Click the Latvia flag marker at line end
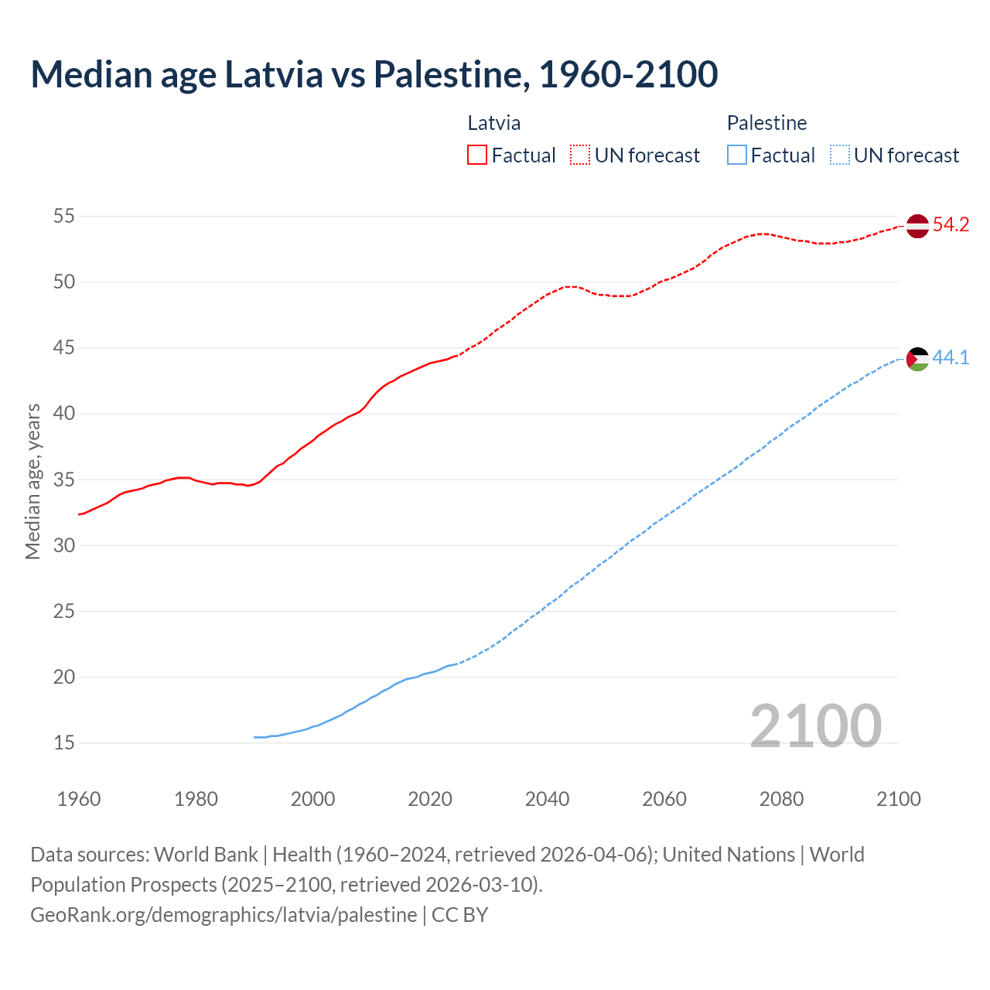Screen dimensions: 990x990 tap(917, 226)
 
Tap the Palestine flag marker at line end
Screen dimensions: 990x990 tap(917, 359)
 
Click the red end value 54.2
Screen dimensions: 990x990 tap(951, 225)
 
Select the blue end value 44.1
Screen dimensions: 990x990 tap(951, 357)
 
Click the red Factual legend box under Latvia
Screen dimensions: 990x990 tap(477, 155)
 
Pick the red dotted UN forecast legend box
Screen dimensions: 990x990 tap(580, 155)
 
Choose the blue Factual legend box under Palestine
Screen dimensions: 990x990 tap(737, 155)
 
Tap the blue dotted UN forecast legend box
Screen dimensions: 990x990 tap(839, 155)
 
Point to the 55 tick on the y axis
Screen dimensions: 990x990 tap(63, 216)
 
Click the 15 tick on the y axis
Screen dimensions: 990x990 tap(63, 743)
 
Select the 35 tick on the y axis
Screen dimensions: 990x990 tap(63, 480)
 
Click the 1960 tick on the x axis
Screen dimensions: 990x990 tap(79, 799)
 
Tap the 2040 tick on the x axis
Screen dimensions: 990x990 tap(547, 799)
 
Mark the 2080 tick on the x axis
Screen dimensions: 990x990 tap(781, 799)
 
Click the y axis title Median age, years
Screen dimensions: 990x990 tap(32, 481)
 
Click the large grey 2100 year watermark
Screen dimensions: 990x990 tap(815, 725)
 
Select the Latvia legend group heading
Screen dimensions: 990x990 tap(493, 123)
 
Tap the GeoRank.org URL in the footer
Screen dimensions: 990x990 tap(224, 914)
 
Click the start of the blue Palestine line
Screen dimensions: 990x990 tap(255, 737)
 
